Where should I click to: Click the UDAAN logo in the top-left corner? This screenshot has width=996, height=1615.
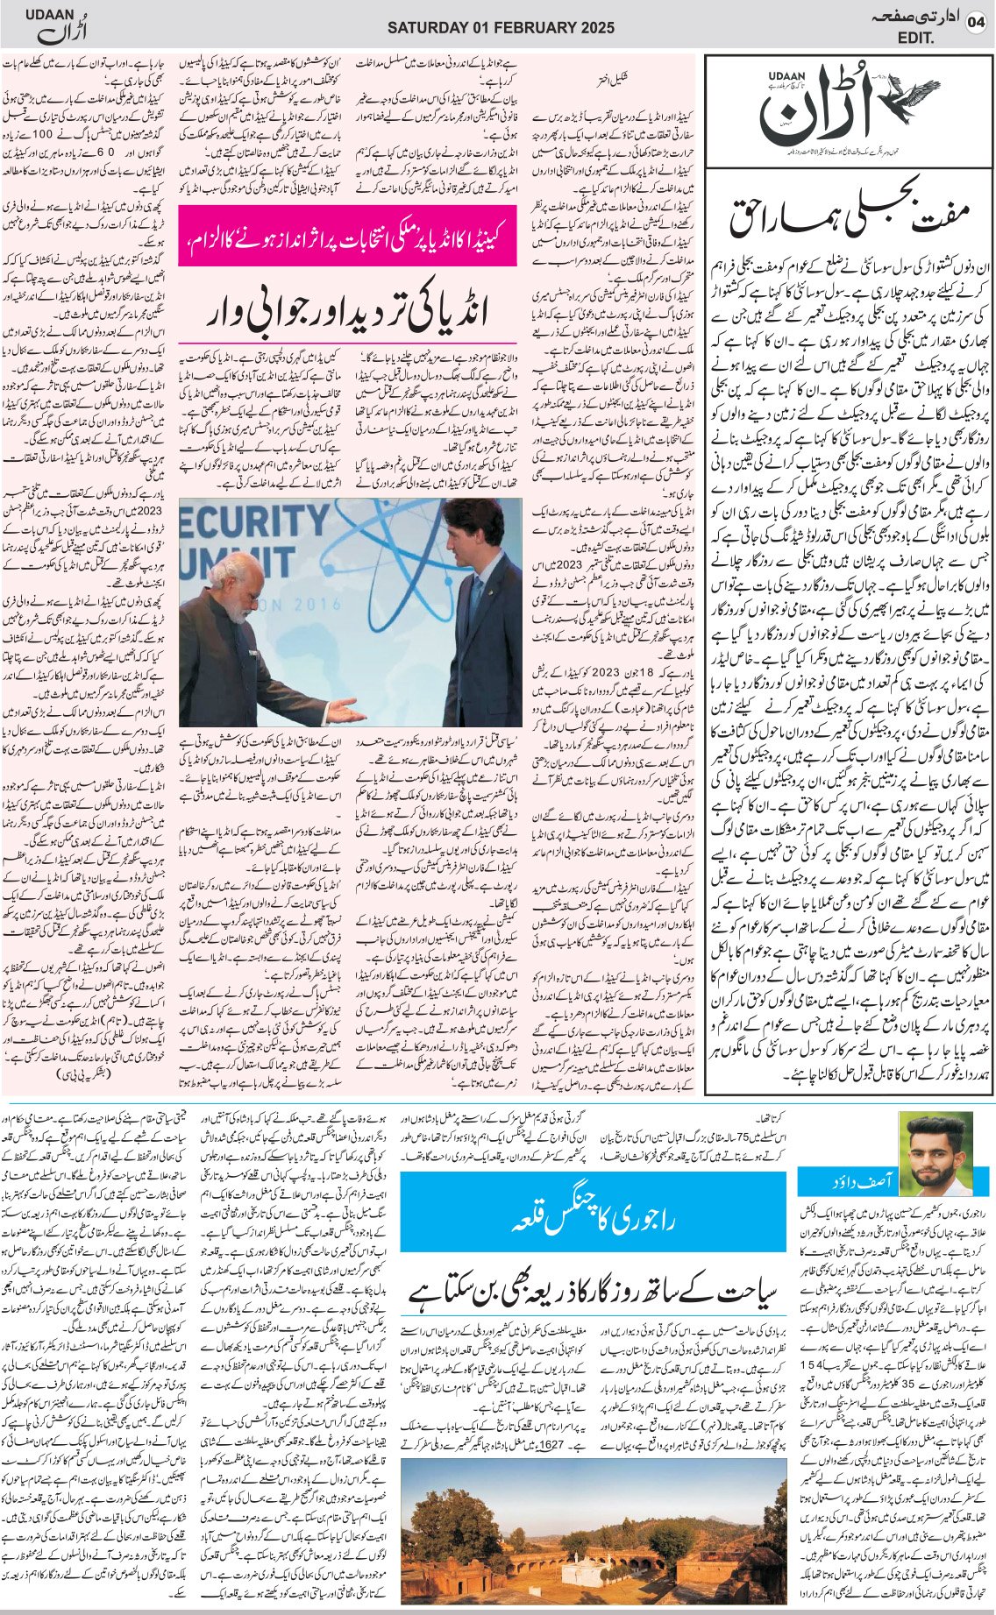click(55, 27)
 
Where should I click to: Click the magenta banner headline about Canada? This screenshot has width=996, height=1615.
click(347, 236)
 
